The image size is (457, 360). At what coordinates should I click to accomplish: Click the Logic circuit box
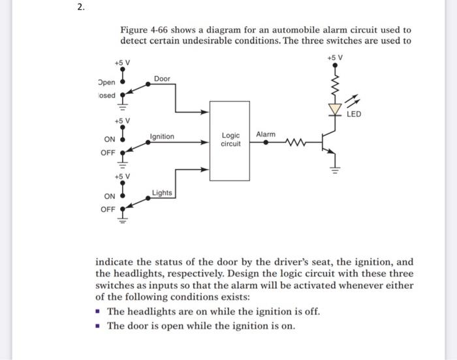pos(230,140)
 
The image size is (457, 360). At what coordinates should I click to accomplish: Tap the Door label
pos(162,79)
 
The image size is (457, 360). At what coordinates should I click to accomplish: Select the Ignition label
pos(162,136)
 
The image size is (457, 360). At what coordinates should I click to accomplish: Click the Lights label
pos(162,192)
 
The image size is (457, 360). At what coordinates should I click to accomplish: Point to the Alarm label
pos(266,134)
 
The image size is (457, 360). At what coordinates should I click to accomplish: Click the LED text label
pos(353,114)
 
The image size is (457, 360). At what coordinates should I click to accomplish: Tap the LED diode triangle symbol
pos(336,109)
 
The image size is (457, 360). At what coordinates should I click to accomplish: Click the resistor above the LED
pos(336,83)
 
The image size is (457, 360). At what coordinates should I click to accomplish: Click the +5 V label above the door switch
pos(122,63)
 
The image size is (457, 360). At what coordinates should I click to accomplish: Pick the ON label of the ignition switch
pos(109,140)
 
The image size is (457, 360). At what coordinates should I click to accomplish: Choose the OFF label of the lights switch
pos(108,209)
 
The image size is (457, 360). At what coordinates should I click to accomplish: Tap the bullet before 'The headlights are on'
pos(99,312)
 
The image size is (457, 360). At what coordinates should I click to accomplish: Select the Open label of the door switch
pos(106,83)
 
